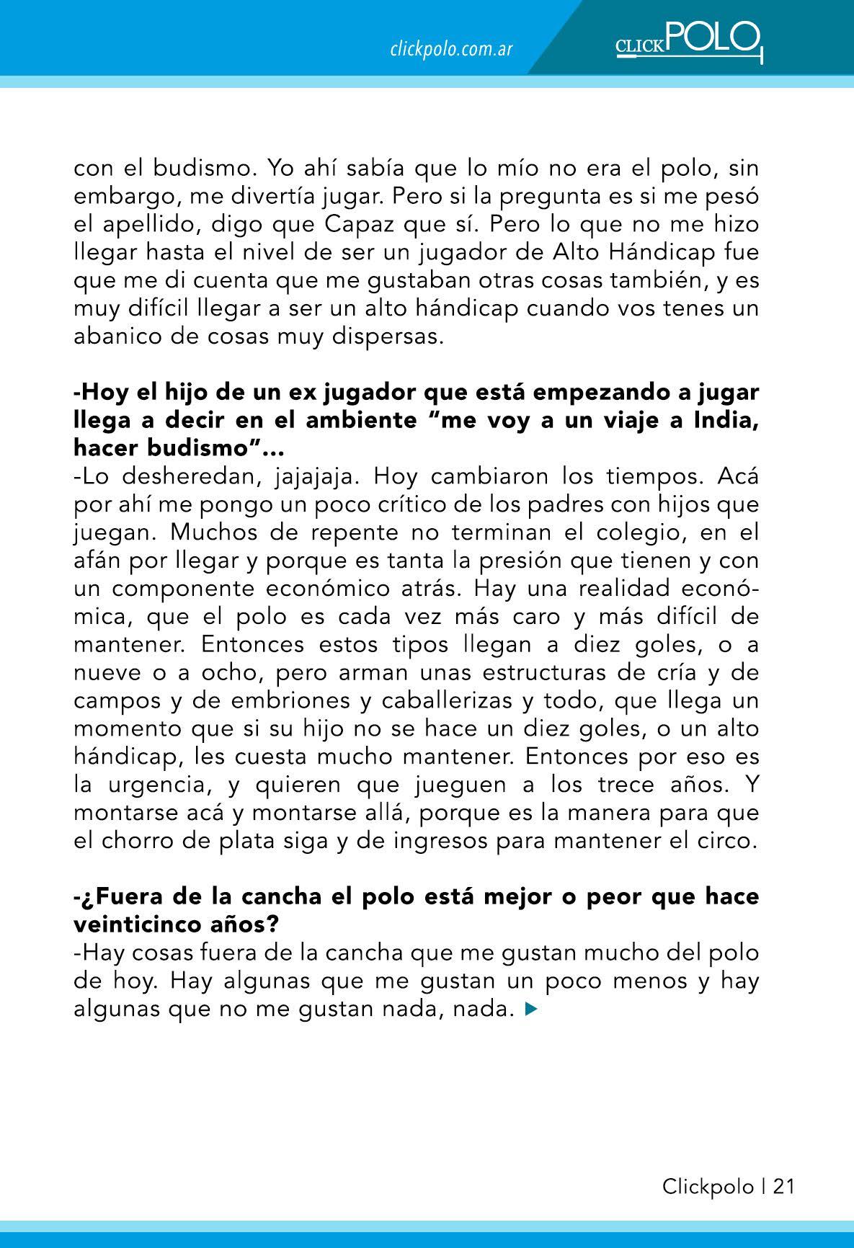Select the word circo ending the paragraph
[x=725, y=840]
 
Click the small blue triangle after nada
[x=532, y=1010]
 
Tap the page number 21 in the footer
[x=783, y=1187]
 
